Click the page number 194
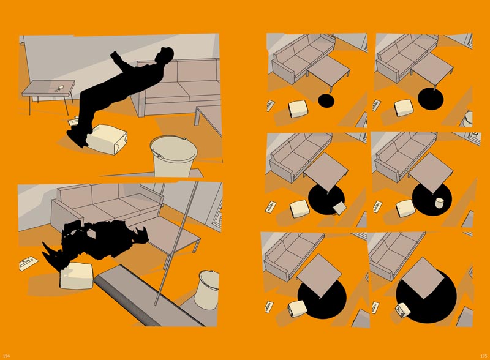point(6,356)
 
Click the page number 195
point(483,356)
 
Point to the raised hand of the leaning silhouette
point(115,56)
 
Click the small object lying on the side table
point(59,88)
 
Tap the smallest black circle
point(326,100)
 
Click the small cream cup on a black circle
point(440,203)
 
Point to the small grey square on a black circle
point(340,208)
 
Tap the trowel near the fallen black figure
point(28,263)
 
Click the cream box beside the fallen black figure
point(77,276)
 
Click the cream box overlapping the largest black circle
point(403,310)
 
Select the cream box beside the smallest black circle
point(298,108)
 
